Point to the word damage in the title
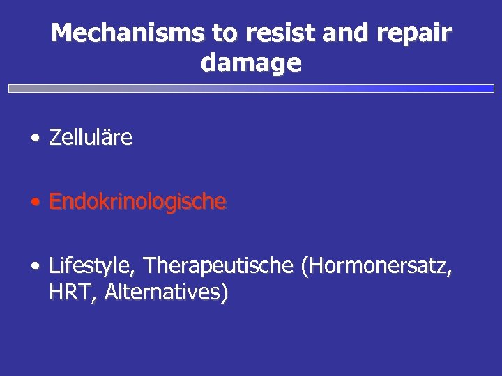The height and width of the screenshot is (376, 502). [x=251, y=64]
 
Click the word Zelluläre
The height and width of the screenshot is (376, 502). [x=91, y=138]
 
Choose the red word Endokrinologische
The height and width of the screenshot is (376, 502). [x=138, y=202]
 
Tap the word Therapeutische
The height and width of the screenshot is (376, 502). [x=218, y=266]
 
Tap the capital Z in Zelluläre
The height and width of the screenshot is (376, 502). [x=55, y=138]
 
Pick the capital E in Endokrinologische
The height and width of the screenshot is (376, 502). [x=56, y=202]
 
